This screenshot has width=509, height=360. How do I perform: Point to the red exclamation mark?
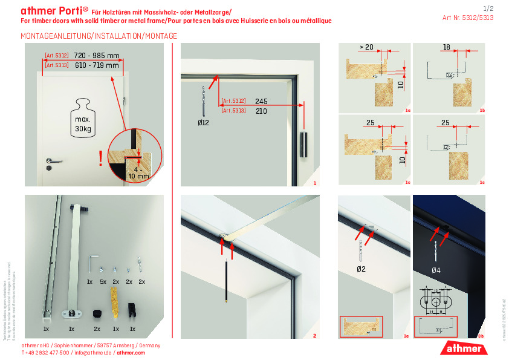[100, 159]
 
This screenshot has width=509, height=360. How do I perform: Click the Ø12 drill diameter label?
[203, 123]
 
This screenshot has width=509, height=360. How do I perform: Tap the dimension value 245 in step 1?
[261, 101]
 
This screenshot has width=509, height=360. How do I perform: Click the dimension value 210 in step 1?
[261, 111]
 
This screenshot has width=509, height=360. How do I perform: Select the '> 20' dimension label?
[366, 47]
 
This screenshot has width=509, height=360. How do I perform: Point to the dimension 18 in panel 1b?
[446, 47]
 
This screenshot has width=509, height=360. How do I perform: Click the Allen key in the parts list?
[92, 261]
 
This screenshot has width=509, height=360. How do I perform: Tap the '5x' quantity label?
[103, 282]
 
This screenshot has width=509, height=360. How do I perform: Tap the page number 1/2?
[489, 8]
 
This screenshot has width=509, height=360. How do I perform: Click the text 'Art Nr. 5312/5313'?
[468, 18]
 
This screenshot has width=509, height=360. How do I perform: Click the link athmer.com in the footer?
[131, 352]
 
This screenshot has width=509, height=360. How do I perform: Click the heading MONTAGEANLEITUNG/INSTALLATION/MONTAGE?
[99, 36]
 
